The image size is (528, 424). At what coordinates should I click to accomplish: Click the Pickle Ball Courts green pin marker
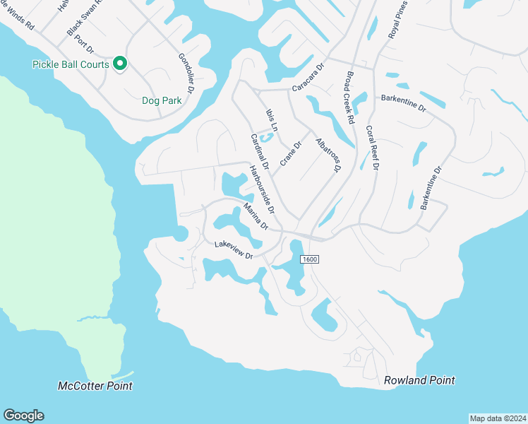click(x=120, y=64)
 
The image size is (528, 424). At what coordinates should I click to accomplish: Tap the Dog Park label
click(x=162, y=100)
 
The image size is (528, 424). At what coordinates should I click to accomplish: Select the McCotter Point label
click(x=95, y=386)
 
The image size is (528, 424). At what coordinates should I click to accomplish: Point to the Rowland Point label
click(x=419, y=380)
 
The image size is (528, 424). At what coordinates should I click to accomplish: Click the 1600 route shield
click(x=310, y=260)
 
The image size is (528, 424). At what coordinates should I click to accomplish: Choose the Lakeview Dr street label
click(x=234, y=250)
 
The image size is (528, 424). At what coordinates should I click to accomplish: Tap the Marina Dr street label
click(x=256, y=216)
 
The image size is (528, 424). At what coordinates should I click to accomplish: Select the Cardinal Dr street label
click(x=259, y=150)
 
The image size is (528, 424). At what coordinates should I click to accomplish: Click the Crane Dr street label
click(x=290, y=153)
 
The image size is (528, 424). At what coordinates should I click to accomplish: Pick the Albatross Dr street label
click(x=329, y=154)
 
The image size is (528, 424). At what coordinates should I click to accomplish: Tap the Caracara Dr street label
click(x=308, y=78)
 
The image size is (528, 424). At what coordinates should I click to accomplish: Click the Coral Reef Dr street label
click(x=371, y=148)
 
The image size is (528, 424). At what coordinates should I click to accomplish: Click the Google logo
click(x=23, y=416)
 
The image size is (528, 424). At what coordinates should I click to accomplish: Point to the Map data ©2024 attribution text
click(x=498, y=418)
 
